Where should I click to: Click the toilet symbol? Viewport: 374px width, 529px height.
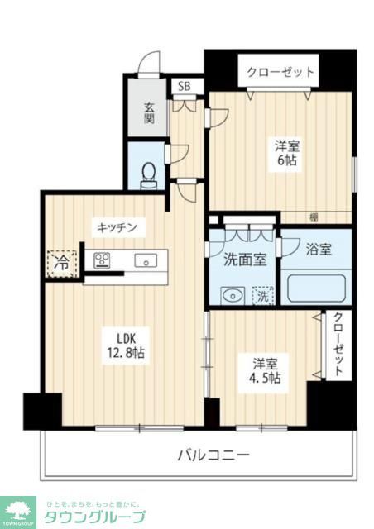[149, 175]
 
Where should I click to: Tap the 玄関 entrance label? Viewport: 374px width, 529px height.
[149, 112]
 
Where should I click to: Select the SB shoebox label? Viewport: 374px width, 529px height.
[183, 86]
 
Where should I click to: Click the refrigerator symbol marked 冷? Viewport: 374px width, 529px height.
[63, 263]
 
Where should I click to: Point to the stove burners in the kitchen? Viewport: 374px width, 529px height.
[103, 261]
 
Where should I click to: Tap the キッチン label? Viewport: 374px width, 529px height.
[121, 226]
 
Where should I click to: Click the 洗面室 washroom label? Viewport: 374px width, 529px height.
[245, 260]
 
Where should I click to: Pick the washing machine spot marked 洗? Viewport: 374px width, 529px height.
[261, 293]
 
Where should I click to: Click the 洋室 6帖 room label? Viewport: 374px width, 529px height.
[287, 153]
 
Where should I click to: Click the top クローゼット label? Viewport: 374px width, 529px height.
[280, 73]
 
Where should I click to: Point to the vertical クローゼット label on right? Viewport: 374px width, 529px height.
[338, 345]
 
